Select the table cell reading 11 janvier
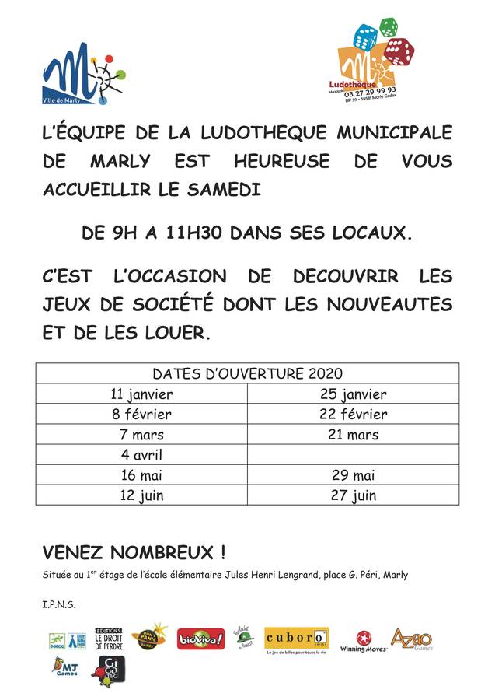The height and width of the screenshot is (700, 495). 141,394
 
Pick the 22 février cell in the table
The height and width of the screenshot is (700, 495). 352,414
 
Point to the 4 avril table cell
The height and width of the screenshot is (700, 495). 141,455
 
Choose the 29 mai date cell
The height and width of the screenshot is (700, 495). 352,475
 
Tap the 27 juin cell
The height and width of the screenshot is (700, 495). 352,495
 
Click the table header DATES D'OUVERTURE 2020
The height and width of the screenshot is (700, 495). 247,374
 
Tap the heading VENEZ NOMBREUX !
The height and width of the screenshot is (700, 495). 134,553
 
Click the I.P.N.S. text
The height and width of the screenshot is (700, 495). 59,604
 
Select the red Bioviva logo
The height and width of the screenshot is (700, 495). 200,639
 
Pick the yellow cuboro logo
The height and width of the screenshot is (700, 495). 296,639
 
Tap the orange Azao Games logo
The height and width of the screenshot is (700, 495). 410,639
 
